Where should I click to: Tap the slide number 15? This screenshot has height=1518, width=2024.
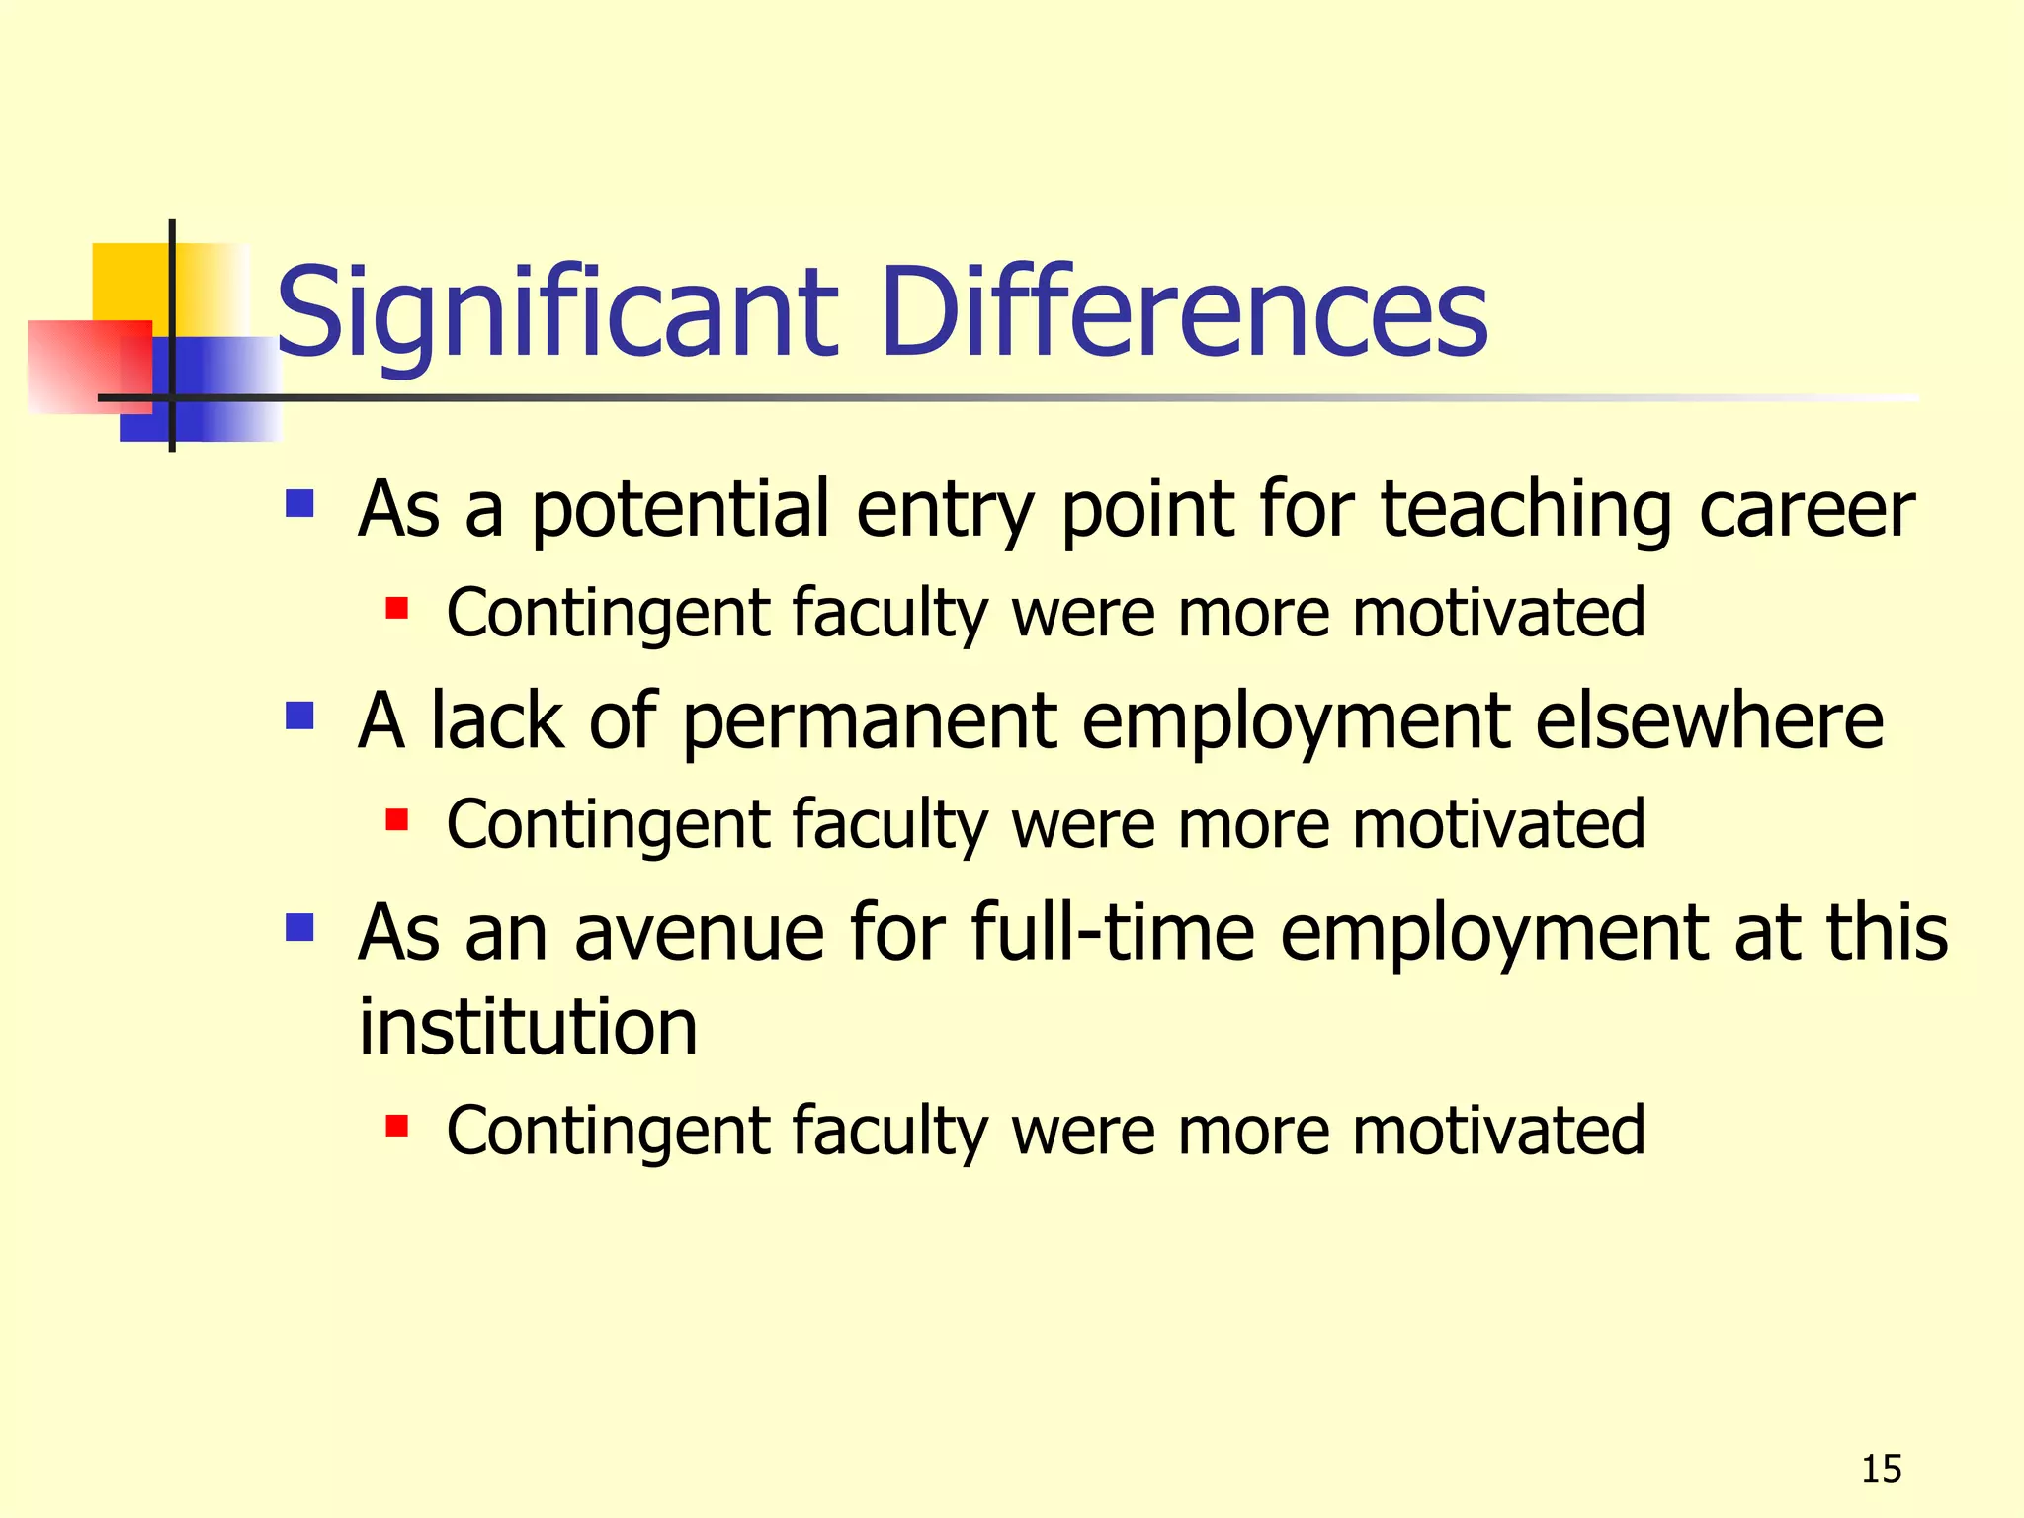point(1881,1470)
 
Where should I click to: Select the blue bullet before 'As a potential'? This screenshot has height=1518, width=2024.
point(299,504)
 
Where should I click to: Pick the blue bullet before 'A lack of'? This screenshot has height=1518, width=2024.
point(299,716)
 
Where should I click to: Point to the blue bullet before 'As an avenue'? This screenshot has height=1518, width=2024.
point(299,927)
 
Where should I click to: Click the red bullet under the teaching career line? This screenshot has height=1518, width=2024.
point(397,607)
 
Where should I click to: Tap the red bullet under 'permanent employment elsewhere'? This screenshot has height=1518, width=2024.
point(397,819)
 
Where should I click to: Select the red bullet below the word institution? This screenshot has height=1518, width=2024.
point(397,1126)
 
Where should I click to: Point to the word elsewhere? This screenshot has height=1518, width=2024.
point(1709,721)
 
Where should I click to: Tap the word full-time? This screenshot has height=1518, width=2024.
point(1112,933)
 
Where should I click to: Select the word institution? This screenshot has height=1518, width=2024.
point(528,1028)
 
